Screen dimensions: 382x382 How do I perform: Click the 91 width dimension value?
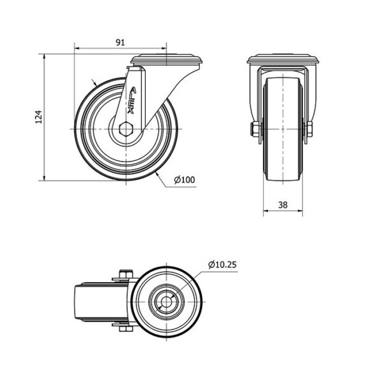pyautogui.click(x=120, y=43)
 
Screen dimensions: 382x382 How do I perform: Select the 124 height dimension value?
pyautogui.click(x=39, y=117)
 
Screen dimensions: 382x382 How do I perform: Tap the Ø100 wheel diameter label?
pyautogui.click(x=185, y=180)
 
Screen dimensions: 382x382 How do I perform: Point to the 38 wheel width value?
pyautogui.click(x=283, y=205)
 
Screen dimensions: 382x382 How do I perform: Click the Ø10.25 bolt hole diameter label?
pyautogui.click(x=222, y=265)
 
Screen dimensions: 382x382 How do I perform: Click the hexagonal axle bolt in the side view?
pyautogui.click(x=125, y=129)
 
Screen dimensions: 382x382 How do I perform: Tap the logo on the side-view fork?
pyautogui.click(x=132, y=101)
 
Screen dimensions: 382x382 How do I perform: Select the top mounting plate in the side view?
pyautogui.click(x=166, y=60)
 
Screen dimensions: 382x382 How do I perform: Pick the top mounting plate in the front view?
pyautogui.click(x=283, y=59)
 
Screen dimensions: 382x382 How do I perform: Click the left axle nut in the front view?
pyautogui.click(x=254, y=129)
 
